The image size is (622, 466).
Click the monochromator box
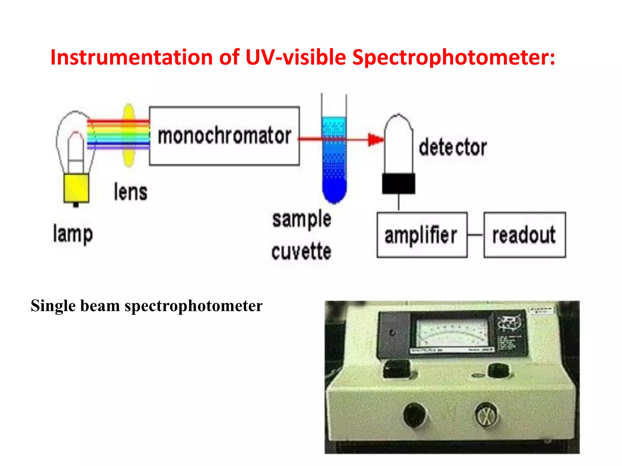pyautogui.click(x=224, y=136)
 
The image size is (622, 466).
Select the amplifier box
pyautogui.click(x=422, y=235)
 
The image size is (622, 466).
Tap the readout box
pyautogui.click(x=525, y=235)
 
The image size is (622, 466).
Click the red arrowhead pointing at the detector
pyautogui.click(x=376, y=140)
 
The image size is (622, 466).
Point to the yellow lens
pyautogui.click(x=129, y=135)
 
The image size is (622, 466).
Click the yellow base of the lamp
pyautogui.click(x=76, y=188)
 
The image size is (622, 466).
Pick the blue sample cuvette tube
pyautogui.click(x=334, y=161)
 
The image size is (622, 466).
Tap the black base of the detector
pyautogui.click(x=398, y=184)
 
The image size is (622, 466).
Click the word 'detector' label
pyautogui.click(x=453, y=147)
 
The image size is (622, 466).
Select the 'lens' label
pyautogui.click(x=131, y=192)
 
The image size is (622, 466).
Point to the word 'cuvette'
pyautogui.click(x=301, y=252)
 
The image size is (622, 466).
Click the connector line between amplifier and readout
pyautogui.click(x=475, y=235)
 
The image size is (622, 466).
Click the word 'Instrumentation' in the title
pyautogui.click(x=132, y=57)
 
